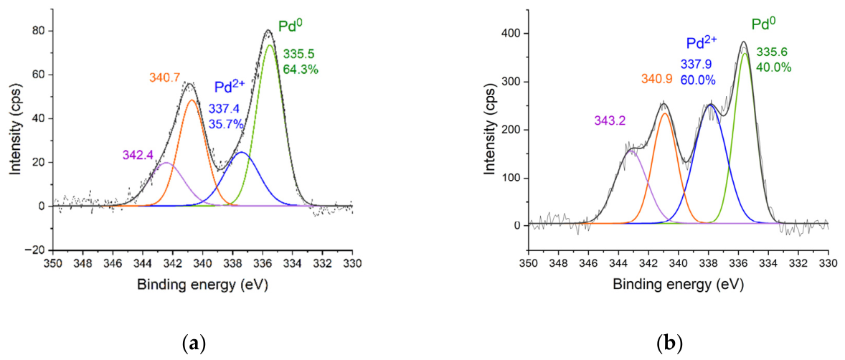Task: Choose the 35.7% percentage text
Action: [227, 125]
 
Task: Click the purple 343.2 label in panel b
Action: [610, 121]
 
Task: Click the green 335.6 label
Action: [771, 52]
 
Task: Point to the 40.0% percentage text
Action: [773, 67]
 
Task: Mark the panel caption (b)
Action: [669, 344]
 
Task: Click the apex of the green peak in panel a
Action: [270, 45]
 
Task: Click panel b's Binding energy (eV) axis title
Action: [678, 284]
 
